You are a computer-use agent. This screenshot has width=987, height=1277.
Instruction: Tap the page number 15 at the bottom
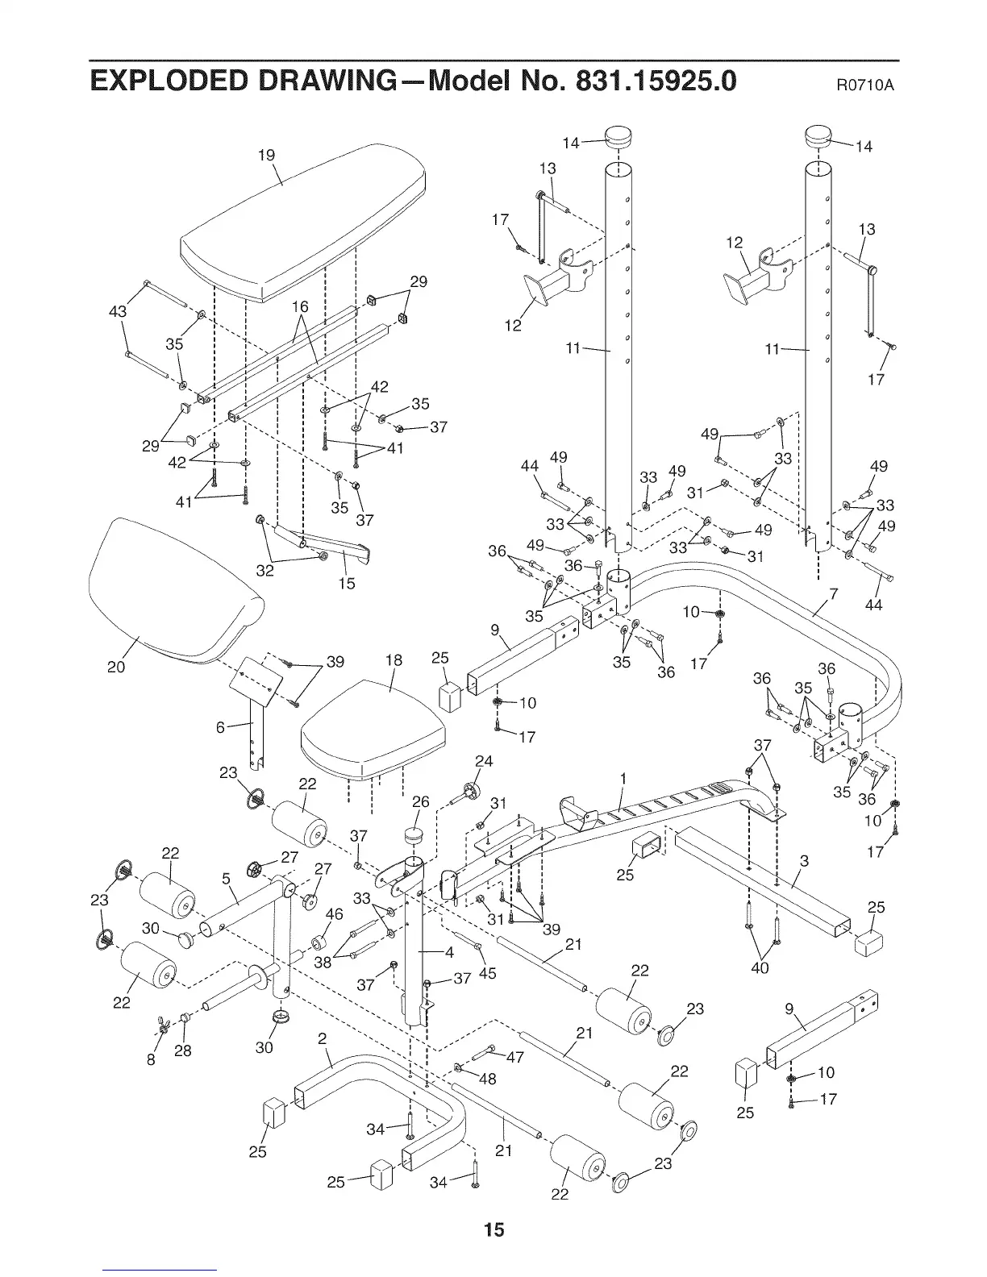(493, 1229)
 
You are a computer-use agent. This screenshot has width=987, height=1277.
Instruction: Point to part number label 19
(267, 155)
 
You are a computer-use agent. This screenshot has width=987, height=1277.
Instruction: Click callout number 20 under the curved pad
(116, 667)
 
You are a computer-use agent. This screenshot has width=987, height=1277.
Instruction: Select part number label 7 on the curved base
(835, 595)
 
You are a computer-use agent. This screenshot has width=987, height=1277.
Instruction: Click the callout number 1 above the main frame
(623, 778)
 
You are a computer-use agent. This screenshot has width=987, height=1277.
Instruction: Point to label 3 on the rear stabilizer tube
(803, 861)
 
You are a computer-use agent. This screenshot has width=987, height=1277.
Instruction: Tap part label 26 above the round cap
(421, 802)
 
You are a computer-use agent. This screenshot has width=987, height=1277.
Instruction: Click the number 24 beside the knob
(483, 761)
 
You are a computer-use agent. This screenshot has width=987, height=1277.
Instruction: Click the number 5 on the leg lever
(227, 878)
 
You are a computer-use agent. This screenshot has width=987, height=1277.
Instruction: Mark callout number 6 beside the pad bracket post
(220, 727)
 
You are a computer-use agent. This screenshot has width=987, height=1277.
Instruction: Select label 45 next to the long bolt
(487, 973)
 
